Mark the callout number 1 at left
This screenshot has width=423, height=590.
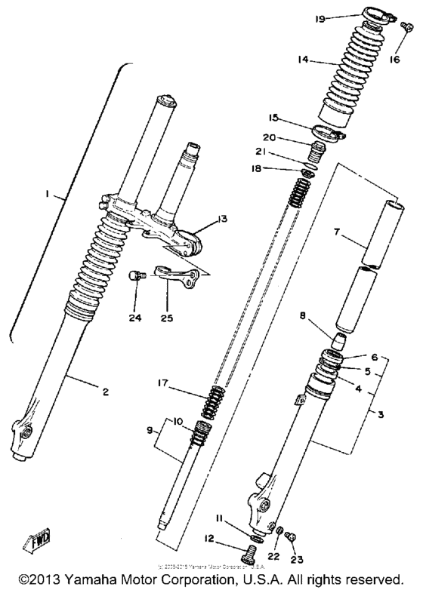pos(46,194)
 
